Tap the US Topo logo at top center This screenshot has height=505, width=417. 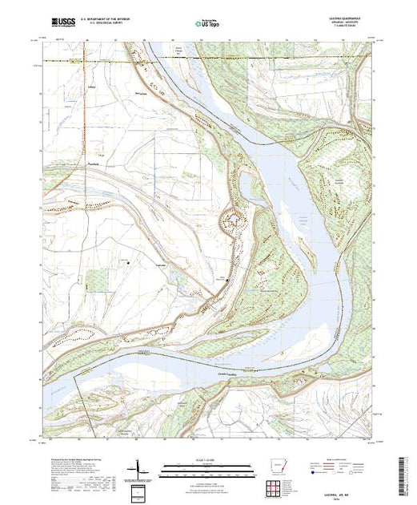click(208, 23)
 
